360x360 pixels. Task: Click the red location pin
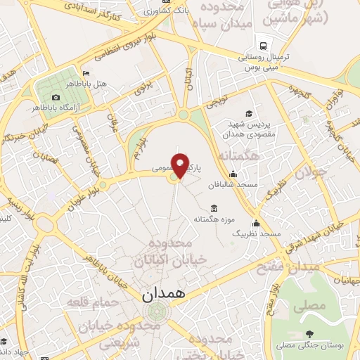click(181, 165)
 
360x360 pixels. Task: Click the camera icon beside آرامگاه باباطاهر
click(56, 97)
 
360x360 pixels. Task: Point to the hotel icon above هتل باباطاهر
click(86, 74)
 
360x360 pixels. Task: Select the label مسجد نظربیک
click(256, 233)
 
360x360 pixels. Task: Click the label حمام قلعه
click(89, 301)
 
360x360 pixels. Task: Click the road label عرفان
click(111, 118)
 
